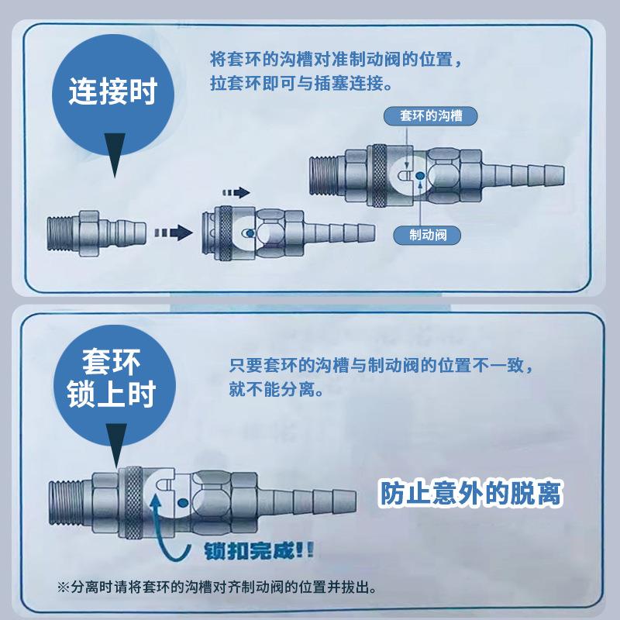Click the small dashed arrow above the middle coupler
(x=236, y=191)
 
